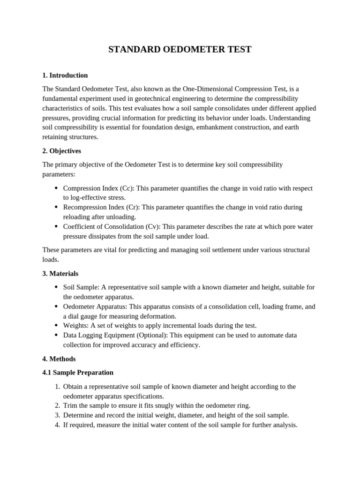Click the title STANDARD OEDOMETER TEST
[180, 50]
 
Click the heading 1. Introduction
[65, 75]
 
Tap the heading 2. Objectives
[61, 151]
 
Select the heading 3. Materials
[60, 274]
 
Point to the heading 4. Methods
[59, 359]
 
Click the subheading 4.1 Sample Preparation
[78, 373]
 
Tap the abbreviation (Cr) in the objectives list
[132, 207]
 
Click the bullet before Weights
[56, 326]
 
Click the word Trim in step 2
[70, 405]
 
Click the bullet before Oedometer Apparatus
[56, 307]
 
